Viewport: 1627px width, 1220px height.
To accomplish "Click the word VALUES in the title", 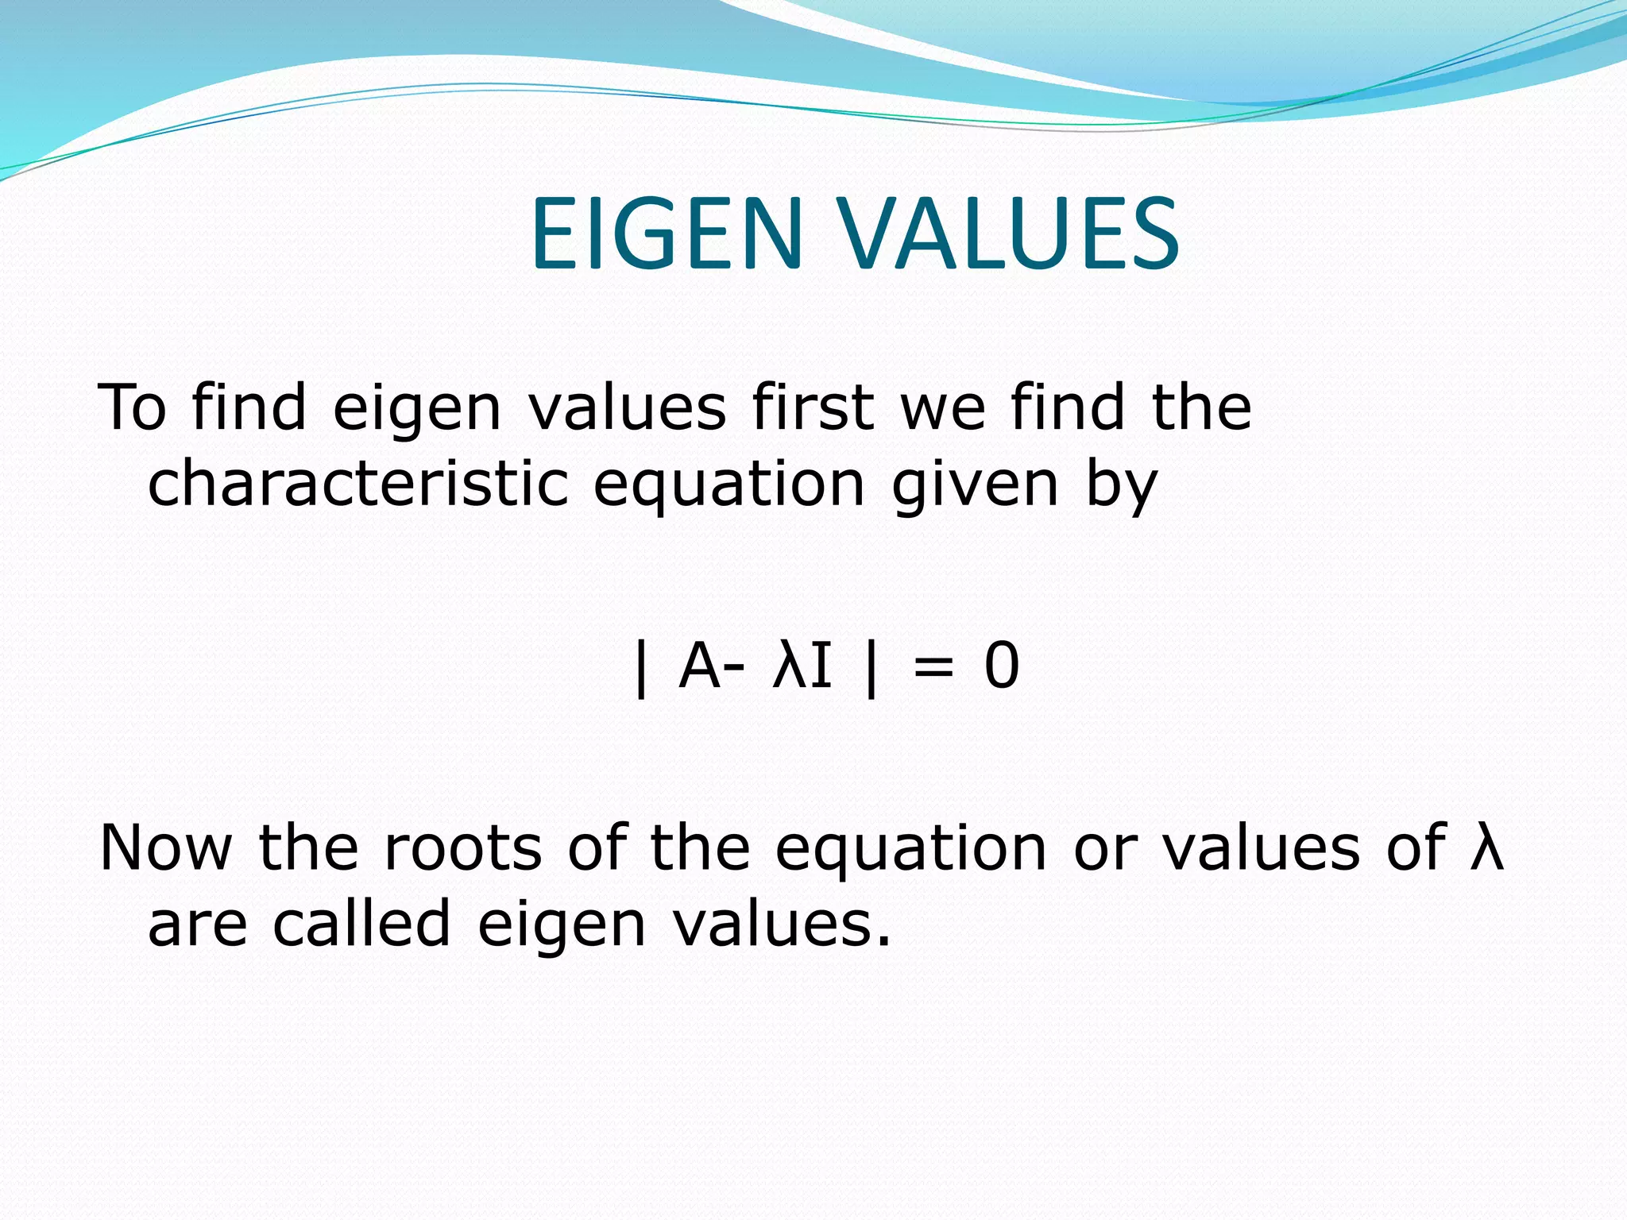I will pyautogui.click(x=1010, y=235).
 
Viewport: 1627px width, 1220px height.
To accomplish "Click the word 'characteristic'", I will pyautogui.click(x=358, y=484).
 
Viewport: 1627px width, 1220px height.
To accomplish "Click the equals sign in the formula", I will pyautogui.click(x=933, y=667).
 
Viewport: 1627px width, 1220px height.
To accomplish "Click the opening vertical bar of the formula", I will pyautogui.click(x=641, y=669).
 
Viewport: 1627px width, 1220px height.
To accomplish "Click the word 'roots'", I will pyautogui.click(x=462, y=848).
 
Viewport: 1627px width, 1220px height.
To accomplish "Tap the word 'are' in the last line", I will pyautogui.click(x=198, y=926).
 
